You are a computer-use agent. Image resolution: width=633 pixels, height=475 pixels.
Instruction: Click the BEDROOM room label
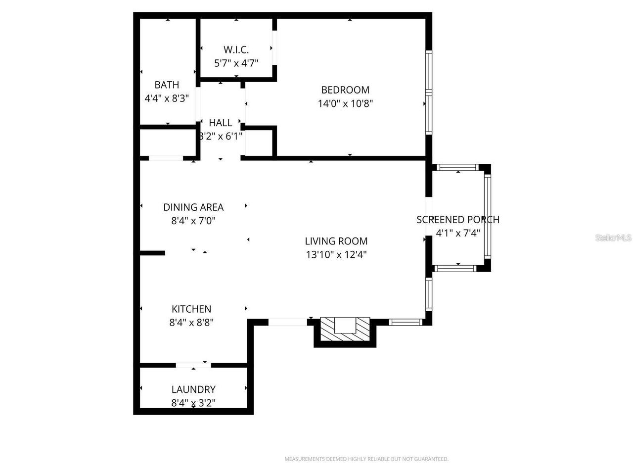tap(345, 90)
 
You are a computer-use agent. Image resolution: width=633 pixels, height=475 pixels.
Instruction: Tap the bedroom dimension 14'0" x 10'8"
tap(345, 103)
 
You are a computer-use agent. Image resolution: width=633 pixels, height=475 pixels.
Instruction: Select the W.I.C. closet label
tap(236, 49)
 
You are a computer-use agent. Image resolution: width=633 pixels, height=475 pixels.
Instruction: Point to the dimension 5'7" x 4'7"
tap(236, 63)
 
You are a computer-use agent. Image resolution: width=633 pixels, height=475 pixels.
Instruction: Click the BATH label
tap(167, 85)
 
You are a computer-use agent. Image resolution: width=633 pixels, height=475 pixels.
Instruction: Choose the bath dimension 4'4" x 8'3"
tap(167, 98)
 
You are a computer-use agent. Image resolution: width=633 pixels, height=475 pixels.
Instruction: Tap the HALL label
tap(220, 123)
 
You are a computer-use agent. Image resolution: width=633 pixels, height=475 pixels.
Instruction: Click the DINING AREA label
tap(193, 207)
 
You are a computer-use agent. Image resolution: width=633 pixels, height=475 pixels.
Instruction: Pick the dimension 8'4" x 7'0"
tap(193, 221)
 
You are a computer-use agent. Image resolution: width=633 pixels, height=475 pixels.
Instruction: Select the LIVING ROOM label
tap(336, 241)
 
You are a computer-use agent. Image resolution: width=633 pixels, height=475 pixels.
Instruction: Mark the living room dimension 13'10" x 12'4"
tap(336, 255)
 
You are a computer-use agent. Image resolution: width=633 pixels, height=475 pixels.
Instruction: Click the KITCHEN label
tap(191, 309)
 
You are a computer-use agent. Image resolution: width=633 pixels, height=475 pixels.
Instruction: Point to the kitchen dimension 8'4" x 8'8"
tap(191, 323)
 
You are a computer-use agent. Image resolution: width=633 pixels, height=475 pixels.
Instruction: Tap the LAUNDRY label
tap(193, 389)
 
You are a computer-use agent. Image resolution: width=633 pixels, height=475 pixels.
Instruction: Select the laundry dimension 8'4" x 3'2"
tap(193, 403)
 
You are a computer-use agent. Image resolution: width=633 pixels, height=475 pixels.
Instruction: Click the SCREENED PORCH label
tap(457, 219)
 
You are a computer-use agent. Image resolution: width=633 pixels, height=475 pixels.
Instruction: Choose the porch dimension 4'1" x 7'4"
tap(457, 233)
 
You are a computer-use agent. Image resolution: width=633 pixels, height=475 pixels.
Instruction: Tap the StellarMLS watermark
tap(613, 238)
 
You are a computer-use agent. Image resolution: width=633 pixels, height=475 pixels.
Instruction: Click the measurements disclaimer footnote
tap(366, 459)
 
